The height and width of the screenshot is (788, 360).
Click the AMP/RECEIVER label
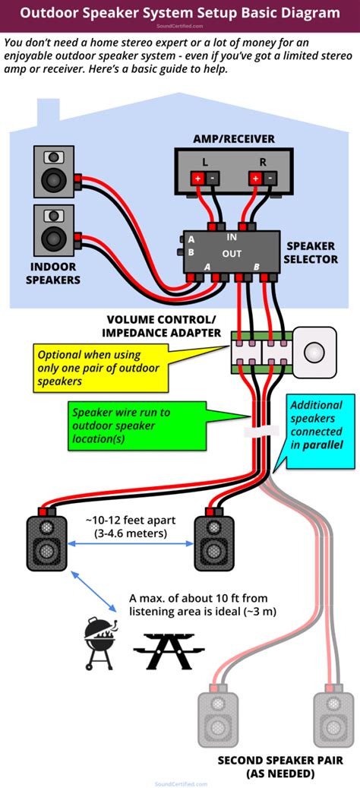point(233,139)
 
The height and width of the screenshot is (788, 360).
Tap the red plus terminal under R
point(256,178)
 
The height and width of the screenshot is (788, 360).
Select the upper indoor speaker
point(53,172)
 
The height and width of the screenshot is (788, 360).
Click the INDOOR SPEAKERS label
point(53,274)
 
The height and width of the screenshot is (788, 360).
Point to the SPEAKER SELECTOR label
point(311,253)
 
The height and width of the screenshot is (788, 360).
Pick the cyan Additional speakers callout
point(316,425)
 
